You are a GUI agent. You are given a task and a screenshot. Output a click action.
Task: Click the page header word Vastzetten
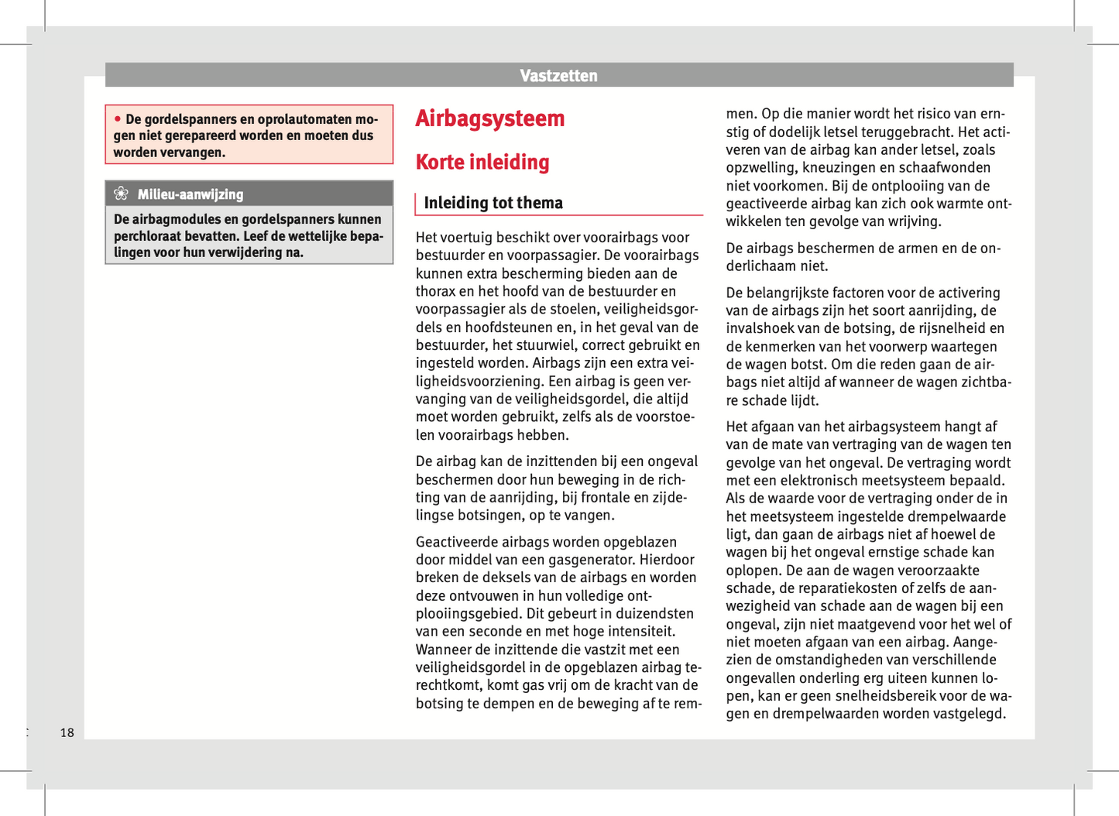[558, 76]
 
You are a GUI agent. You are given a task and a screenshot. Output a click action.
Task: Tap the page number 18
[67, 732]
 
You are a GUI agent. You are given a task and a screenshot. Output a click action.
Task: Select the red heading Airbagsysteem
[489, 119]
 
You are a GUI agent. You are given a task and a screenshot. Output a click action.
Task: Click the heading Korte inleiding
[482, 163]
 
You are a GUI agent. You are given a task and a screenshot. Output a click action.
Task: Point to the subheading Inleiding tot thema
[493, 203]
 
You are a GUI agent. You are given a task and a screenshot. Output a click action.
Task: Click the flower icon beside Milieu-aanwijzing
[121, 194]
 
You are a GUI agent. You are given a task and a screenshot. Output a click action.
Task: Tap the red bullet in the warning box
[118, 118]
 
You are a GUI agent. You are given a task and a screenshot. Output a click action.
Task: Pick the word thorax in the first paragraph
[437, 292]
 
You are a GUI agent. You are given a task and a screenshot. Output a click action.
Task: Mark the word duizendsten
[658, 614]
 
